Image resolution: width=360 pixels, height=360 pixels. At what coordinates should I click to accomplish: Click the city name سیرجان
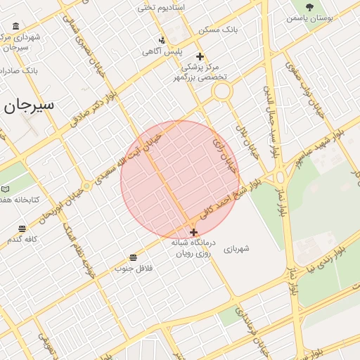[x=30, y=105]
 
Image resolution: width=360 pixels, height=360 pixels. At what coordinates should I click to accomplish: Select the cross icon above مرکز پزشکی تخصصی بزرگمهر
[x=200, y=56]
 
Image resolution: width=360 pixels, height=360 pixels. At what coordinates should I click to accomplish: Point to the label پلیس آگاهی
[x=162, y=51]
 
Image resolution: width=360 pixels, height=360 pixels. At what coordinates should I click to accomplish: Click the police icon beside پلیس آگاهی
[x=162, y=40]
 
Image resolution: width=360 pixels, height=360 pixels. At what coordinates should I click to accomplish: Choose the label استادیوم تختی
[x=160, y=7]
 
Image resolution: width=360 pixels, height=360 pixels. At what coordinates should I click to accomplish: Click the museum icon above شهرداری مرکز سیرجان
[x=16, y=27]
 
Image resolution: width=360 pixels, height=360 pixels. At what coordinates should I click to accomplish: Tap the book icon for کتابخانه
[x=6, y=189]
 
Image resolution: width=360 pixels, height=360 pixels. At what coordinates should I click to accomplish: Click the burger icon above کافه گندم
[x=22, y=229]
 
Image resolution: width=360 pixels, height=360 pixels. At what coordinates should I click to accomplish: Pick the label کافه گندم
[x=22, y=239]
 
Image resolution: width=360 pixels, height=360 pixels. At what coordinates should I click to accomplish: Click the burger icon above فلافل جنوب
[x=134, y=257]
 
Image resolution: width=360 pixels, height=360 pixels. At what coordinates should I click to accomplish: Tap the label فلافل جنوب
[x=134, y=268]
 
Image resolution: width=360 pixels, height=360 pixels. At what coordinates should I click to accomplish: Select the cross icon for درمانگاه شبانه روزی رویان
[x=193, y=231]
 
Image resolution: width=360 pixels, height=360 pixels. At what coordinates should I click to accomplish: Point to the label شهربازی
[x=236, y=248]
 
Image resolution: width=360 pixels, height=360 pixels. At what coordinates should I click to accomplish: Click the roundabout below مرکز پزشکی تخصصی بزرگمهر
[x=222, y=91]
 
